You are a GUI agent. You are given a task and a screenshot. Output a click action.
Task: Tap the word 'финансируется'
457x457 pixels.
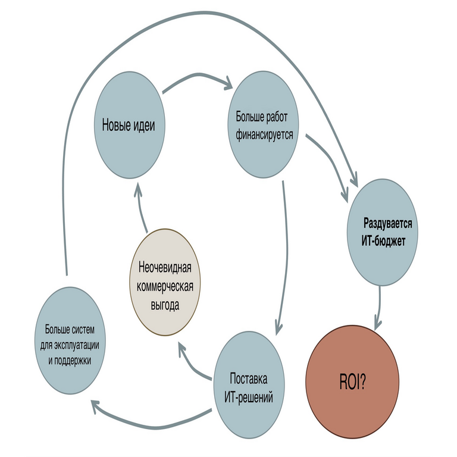click(x=262, y=134)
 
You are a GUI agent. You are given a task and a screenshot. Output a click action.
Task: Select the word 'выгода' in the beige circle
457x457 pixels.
click(x=165, y=305)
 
